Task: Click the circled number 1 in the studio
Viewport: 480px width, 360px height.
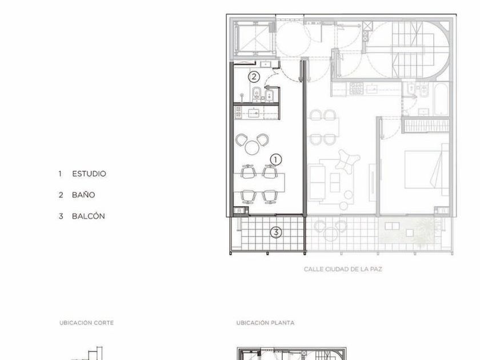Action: point(276,159)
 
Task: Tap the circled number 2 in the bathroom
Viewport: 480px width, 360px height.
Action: point(254,77)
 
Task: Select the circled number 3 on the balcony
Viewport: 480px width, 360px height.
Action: point(276,233)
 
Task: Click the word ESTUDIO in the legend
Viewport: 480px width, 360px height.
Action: point(89,174)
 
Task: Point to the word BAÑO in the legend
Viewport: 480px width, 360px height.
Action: point(83,195)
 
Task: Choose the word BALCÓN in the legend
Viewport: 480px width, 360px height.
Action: point(89,216)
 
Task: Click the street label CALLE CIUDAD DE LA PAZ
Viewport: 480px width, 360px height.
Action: point(343,269)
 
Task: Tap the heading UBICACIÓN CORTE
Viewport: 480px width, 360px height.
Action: point(87,323)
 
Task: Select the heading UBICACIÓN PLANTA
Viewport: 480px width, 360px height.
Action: point(265,323)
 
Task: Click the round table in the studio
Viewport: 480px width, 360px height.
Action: point(252,147)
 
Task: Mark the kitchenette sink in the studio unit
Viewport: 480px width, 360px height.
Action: point(254,113)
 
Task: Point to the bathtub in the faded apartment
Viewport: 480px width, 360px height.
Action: point(441,98)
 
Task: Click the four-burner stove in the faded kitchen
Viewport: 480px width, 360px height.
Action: point(357,89)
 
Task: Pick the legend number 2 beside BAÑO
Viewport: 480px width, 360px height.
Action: point(61,195)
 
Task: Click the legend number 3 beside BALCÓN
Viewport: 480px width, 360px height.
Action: point(61,217)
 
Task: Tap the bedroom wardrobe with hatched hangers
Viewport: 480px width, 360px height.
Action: point(426,126)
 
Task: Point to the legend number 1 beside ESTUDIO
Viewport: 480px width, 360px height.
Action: point(61,174)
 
